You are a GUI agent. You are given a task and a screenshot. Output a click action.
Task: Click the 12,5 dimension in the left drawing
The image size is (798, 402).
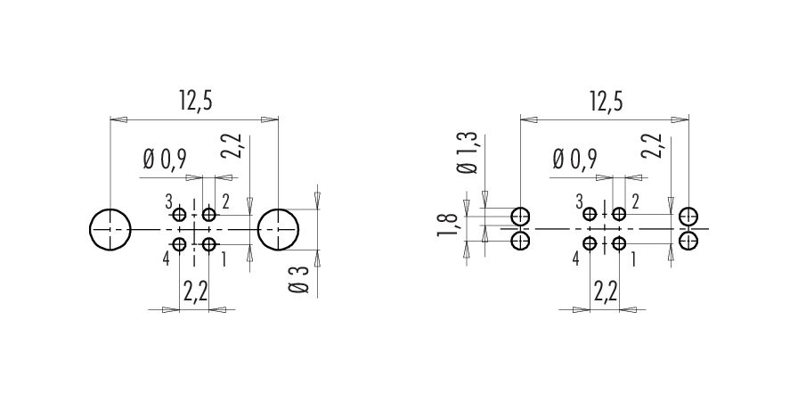point(194,102)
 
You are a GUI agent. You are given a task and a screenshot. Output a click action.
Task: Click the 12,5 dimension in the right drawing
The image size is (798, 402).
point(606,102)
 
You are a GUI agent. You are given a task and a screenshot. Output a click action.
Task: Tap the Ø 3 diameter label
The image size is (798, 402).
point(299,280)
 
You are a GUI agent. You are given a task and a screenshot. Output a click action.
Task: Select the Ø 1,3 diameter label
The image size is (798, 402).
point(468,152)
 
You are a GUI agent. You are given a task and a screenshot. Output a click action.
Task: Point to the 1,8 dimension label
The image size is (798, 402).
point(446,226)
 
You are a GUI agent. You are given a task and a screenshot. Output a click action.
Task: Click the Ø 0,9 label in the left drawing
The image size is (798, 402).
point(165,160)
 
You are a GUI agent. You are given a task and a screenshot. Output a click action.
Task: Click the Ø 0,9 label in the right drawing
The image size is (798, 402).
point(575,160)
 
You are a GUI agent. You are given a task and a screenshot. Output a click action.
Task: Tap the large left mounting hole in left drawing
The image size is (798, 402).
point(110,230)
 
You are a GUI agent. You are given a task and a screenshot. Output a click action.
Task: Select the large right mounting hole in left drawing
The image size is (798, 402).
point(278,230)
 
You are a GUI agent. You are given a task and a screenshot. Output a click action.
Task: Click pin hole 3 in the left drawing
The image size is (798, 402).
point(179,215)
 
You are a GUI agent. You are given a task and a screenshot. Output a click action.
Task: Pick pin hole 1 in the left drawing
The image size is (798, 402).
point(209,245)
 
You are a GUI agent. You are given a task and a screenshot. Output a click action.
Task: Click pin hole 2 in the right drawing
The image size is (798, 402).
point(619,214)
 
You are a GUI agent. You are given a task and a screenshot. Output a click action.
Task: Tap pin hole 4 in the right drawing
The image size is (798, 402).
point(590,244)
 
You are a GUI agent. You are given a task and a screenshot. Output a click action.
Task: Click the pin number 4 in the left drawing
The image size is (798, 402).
point(166,259)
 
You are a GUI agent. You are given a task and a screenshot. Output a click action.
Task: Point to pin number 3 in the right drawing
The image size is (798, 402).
point(579,202)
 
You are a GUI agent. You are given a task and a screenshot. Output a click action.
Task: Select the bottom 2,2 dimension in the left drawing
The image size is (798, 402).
point(195,292)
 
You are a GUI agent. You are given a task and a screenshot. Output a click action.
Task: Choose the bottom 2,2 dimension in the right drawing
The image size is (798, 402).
point(606,292)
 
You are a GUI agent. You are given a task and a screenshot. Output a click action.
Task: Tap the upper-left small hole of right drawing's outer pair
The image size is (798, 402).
point(520,217)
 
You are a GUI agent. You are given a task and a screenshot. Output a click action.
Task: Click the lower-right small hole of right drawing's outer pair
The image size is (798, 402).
point(688,241)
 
